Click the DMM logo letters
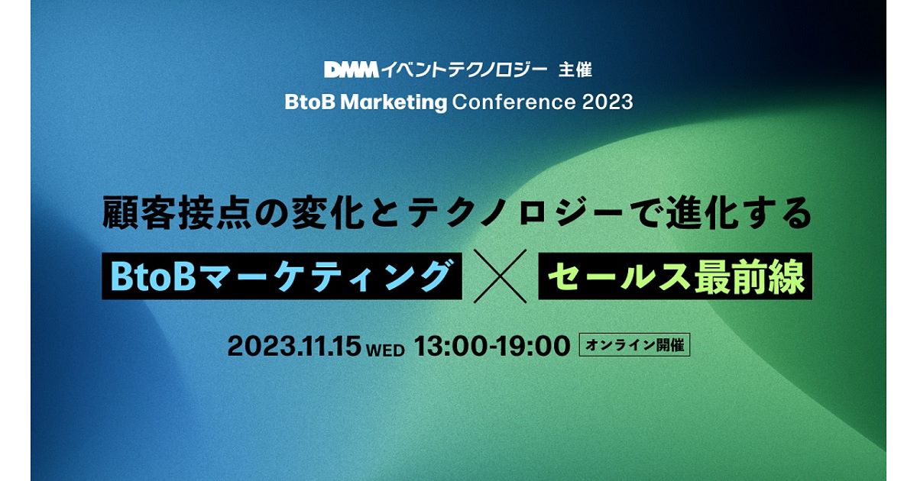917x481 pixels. (352, 70)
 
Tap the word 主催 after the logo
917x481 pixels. (575, 70)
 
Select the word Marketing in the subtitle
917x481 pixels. (394, 102)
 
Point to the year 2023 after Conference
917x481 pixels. (607, 102)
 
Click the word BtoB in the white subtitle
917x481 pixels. (310, 102)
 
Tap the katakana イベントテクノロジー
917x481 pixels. (465, 70)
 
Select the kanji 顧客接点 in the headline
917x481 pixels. (177, 213)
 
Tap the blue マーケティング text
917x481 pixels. (323, 276)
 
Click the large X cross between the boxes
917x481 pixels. (500, 276)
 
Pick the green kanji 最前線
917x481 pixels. (749, 276)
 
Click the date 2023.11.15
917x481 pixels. (294, 346)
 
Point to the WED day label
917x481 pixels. (386, 350)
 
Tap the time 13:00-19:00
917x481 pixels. (492, 346)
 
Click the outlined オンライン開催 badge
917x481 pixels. (634, 345)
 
